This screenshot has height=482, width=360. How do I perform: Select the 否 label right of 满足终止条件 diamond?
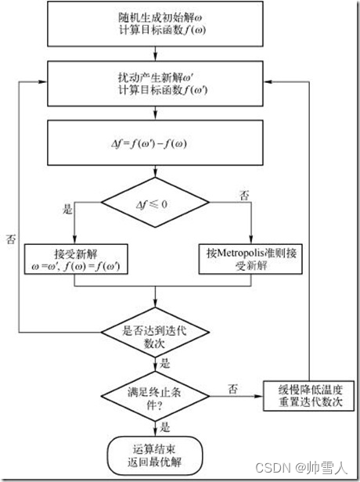tap(232, 388)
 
